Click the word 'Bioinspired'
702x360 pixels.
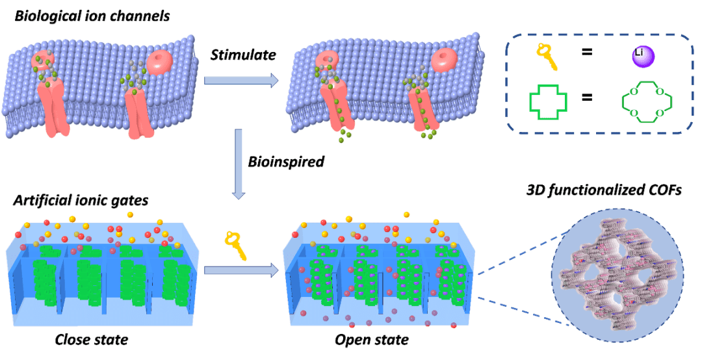(x=285, y=161)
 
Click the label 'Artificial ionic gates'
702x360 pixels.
(x=81, y=201)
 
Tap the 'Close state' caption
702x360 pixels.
(x=92, y=340)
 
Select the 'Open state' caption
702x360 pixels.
(x=372, y=340)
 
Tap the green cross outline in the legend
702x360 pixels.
(x=549, y=103)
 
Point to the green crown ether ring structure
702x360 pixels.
(x=646, y=103)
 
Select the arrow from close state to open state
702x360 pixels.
(x=240, y=270)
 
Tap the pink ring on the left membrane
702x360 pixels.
(x=160, y=63)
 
